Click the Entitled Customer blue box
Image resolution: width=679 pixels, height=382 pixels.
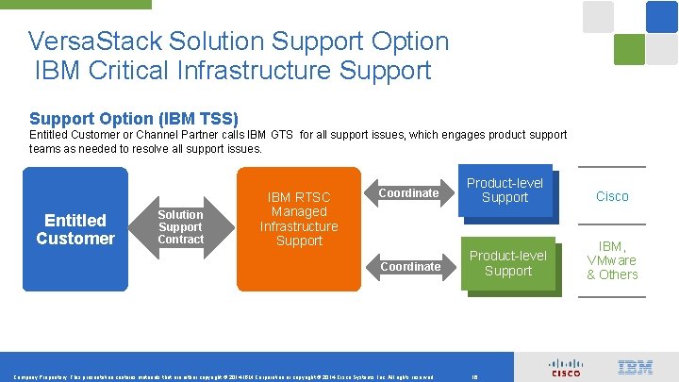pos(75,228)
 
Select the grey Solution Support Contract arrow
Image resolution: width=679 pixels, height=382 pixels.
pos(180,227)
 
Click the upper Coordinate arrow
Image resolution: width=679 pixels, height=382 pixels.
pos(408,193)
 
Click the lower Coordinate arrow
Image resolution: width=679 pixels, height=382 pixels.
pos(410,267)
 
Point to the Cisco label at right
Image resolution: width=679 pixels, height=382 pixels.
pos(612,196)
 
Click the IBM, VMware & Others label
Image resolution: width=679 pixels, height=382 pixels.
pos(612,260)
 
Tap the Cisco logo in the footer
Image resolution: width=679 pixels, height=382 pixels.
pos(566,368)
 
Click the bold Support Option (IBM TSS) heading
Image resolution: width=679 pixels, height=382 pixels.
pos(134,119)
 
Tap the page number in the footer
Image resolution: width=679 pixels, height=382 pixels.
pos(473,376)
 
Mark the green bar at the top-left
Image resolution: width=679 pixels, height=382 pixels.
pos(75,4)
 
